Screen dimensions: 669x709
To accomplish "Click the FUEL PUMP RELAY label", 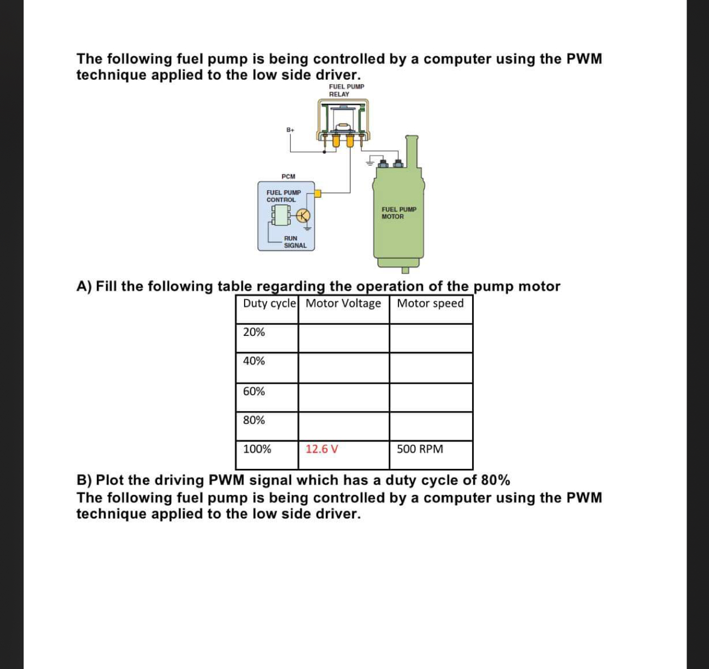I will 346,90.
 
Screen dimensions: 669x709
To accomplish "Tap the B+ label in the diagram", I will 290,130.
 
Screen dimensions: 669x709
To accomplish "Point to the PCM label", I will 288,176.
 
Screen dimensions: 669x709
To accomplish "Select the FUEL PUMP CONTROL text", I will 284,196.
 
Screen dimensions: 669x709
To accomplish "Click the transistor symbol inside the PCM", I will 304,215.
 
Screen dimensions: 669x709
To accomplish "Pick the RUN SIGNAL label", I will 294,242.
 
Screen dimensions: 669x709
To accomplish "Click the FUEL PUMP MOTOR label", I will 399,213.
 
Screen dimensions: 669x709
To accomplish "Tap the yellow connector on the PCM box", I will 318,193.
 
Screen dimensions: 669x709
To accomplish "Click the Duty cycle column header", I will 269,303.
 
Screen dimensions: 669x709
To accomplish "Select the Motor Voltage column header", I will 343,303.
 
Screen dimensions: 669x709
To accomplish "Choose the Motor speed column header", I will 430,303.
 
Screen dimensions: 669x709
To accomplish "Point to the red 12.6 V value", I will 322,449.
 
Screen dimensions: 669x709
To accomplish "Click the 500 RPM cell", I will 420,449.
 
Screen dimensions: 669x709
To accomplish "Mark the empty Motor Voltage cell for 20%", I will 344,338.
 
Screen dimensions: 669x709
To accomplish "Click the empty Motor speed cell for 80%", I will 431,426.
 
